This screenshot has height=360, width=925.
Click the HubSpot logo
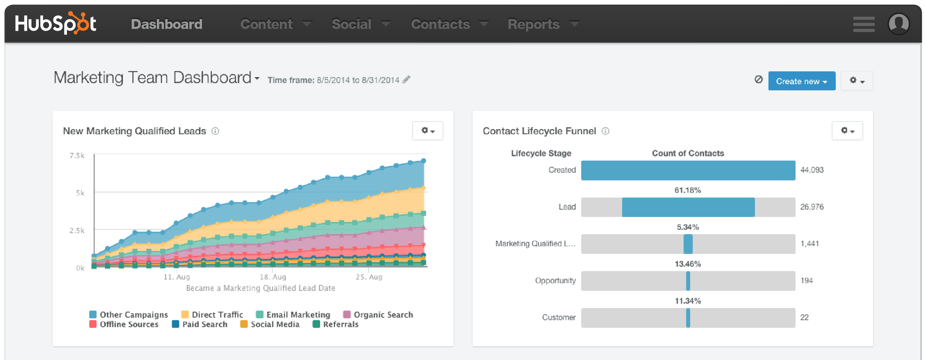(56, 24)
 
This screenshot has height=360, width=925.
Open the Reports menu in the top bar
(542, 24)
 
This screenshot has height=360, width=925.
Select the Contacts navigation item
(449, 24)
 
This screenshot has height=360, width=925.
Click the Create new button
(801, 81)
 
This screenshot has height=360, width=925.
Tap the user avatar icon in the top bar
(898, 24)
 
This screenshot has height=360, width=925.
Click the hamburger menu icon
(863, 24)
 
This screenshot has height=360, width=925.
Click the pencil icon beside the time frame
(406, 80)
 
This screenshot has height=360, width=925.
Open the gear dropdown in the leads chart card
(427, 131)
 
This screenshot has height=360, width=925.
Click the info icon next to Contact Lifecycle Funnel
(605, 131)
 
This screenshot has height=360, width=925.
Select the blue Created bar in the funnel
(688, 170)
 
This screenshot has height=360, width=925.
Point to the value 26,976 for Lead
(812, 207)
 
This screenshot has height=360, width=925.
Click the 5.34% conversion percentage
(688, 227)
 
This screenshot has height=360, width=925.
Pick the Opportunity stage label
(555, 281)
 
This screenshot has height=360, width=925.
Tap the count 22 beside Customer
(804, 318)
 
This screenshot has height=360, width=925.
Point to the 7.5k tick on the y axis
(77, 156)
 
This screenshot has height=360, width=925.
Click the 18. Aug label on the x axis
(273, 277)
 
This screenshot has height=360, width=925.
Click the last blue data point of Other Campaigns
(424, 161)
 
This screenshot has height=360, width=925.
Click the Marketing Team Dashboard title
(152, 78)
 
